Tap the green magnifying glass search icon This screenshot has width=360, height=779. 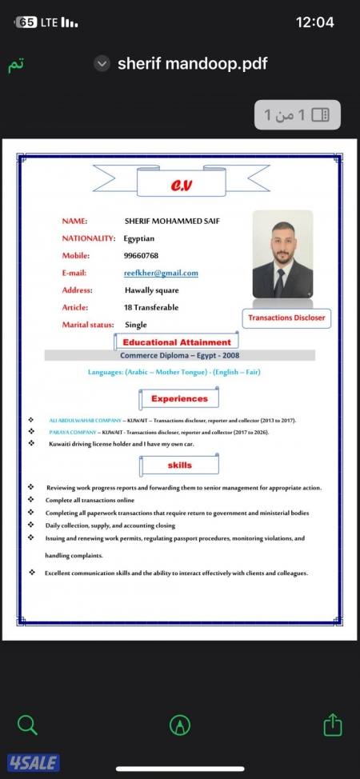[x=27, y=725]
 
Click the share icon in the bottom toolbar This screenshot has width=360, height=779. [x=333, y=725]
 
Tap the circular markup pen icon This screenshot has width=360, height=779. [x=180, y=725]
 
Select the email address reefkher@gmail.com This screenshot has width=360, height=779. [x=161, y=273]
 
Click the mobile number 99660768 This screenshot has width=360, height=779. [x=141, y=256]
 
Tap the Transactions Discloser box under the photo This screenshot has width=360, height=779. [x=286, y=318]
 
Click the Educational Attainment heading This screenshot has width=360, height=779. [x=177, y=342]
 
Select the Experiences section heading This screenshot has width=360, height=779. [x=179, y=398]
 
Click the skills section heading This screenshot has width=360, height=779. [x=179, y=465]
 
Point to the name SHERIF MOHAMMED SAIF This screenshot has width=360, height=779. [x=172, y=221]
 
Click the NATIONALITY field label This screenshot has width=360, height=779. [x=89, y=238]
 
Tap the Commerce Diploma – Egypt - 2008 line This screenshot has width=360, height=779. [x=179, y=355]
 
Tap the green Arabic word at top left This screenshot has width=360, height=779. [x=16, y=65]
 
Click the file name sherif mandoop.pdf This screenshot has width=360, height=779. [x=192, y=64]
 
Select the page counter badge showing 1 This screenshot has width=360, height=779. [x=297, y=115]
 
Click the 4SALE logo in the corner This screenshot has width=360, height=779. [x=34, y=762]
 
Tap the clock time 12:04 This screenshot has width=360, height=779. [x=314, y=22]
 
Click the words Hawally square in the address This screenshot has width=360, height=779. [x=151, y=290]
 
